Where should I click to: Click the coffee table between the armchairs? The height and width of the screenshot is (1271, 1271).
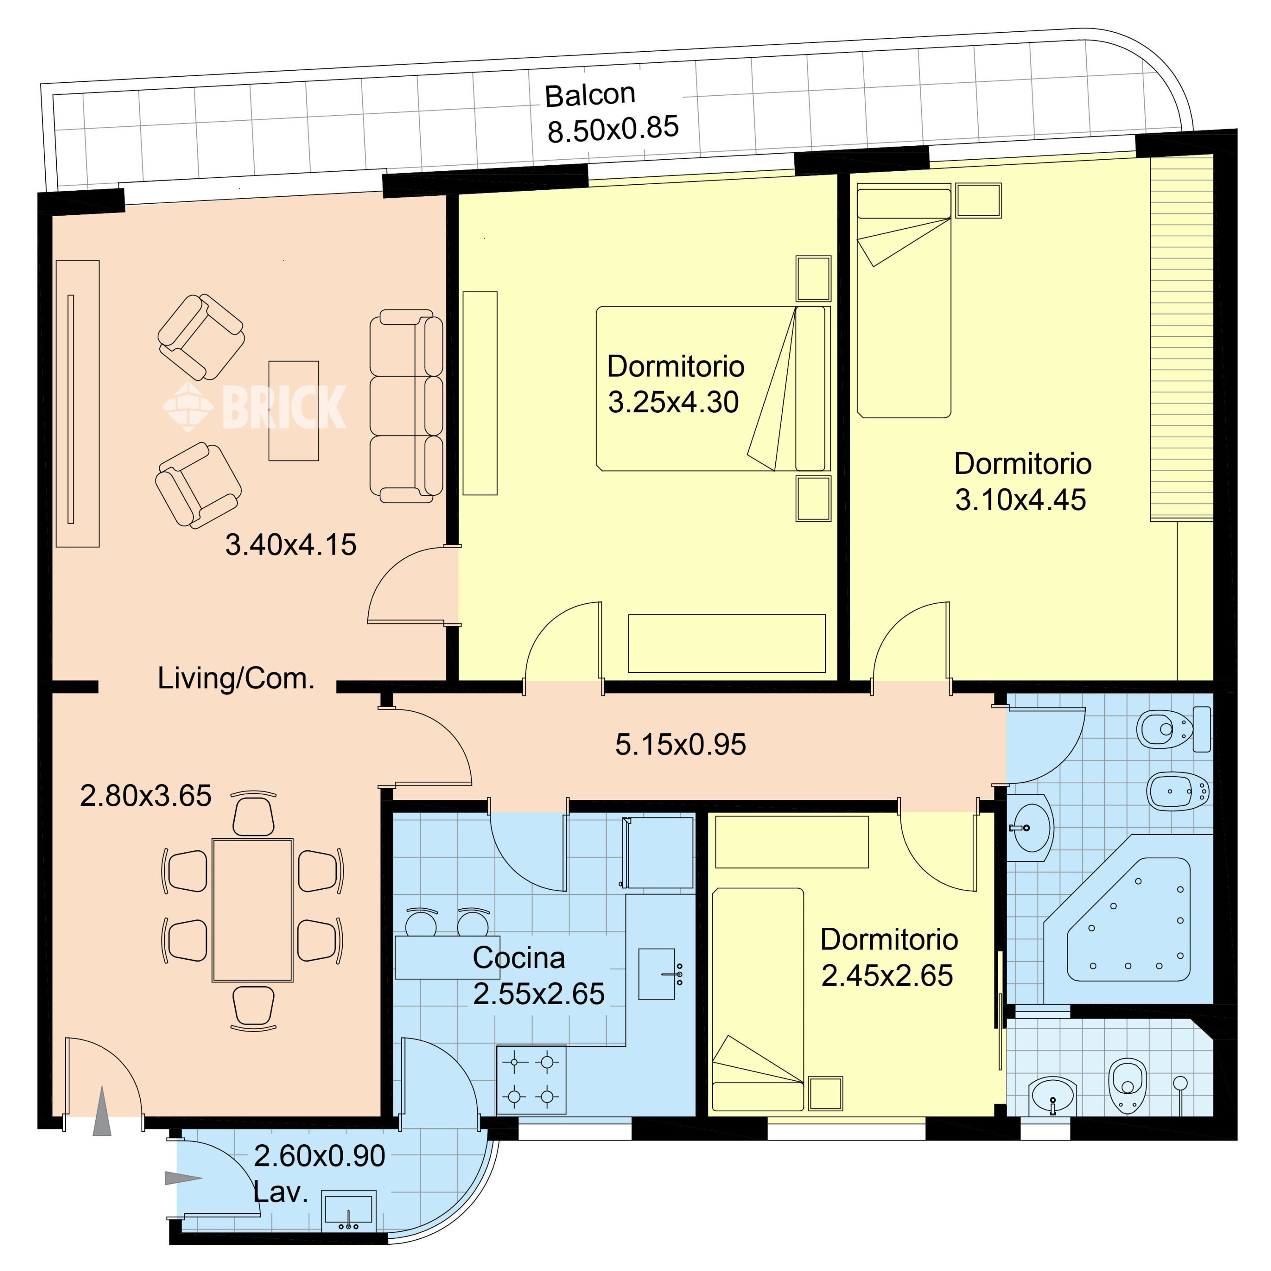pyautogui.click(x=294, y=411)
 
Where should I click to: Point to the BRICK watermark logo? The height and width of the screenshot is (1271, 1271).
pyautogui.click(x=255, y=407)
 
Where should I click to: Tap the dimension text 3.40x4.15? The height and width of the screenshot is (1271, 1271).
pyautogui.click(x=291, y=545)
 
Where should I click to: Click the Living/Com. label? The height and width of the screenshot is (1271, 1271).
pyautogui.click(x=236, y=678)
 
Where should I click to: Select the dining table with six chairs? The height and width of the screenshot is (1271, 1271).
pyautogui.click(x=253, y=911)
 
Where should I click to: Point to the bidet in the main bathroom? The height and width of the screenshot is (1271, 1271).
pyautogui.click(x=1178, y=791)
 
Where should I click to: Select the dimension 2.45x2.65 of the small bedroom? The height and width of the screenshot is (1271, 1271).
pyautogui.click(x=887, y=976)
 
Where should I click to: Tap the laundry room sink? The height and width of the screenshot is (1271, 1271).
pyautogui.click(x=349, y=1210)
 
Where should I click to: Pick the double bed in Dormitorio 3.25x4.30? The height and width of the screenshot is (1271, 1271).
pyautogui.click(x=713, y=388)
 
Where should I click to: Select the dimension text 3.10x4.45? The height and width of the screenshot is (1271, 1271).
pyautogui.click(x=1020, y=500)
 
